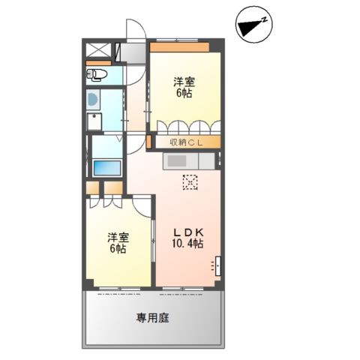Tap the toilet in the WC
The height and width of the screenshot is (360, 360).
point(97,74)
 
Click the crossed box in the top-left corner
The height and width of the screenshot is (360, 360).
point(98,51)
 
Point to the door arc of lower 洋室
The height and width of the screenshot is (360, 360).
point(143,206)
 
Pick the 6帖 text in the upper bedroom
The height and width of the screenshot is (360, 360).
point(184,94)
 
